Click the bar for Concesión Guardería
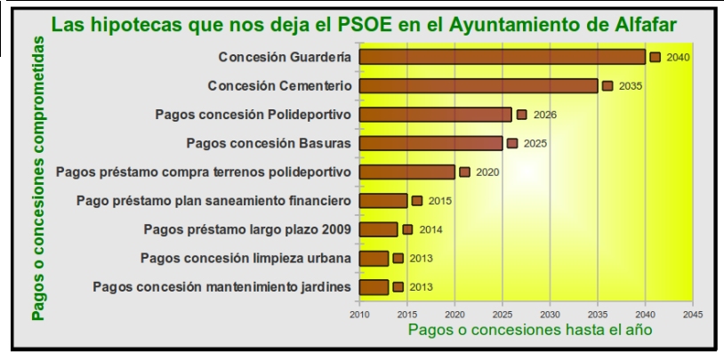(503, 57)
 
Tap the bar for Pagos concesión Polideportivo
(436, 115)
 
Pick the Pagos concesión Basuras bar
(431, 143)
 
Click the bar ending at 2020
(407, 172)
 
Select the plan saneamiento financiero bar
(383, 201)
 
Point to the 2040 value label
(678, 58)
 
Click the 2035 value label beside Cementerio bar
(631, 86)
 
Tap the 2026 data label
(544, 115)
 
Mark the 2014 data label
(430, 229)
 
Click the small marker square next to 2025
(512, 143)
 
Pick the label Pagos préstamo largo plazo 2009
(247, 229)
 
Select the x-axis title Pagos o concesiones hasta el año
(530, 330)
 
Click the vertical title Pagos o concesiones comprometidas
(38, 178)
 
